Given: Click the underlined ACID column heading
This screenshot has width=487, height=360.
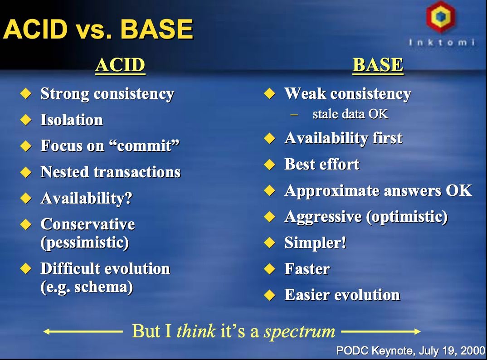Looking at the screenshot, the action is [x=120, y=65].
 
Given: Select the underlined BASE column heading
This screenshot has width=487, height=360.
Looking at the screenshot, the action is [x=378, y=65].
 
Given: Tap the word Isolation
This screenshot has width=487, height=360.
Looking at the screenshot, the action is [x=72, y=120].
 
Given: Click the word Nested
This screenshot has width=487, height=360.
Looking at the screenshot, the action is [x=64, y=172].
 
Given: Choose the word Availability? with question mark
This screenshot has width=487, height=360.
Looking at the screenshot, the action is [x=87, y=198].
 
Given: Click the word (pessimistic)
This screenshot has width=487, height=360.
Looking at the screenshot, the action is [x=85, y=243].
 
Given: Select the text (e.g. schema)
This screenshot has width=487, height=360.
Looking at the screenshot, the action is [x=87, y=287].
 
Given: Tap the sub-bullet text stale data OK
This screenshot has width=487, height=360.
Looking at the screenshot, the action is [x=351, y=114].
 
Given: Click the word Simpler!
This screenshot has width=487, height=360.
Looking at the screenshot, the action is [x=315, y=243].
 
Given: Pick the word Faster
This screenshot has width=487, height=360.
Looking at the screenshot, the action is [x=307, y=269].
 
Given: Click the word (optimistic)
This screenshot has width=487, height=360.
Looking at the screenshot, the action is [x=407, y=217].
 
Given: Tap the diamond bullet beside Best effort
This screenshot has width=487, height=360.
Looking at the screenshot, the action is [x=270, y=164].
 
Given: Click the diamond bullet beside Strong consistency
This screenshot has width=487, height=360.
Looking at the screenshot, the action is [x=26, y=93].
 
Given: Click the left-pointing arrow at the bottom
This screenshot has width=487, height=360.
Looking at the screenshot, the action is [x=83, y=332].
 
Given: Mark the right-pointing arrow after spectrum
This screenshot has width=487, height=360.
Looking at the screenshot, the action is [x=381, y=332].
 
